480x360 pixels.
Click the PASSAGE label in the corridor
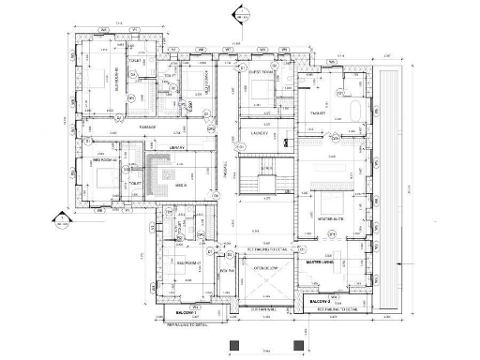coord(147,126)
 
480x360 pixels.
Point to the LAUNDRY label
coord(260,133)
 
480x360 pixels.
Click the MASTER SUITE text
coord(329,218)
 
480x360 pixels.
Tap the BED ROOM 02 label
coord(104,160)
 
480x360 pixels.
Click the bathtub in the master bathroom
coord(354,112)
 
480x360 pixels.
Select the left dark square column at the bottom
coord(234,344)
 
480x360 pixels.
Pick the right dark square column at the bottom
coord(298,344)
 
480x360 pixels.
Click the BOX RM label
coord(226,271)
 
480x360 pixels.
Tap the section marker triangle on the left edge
coord(62,221)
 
